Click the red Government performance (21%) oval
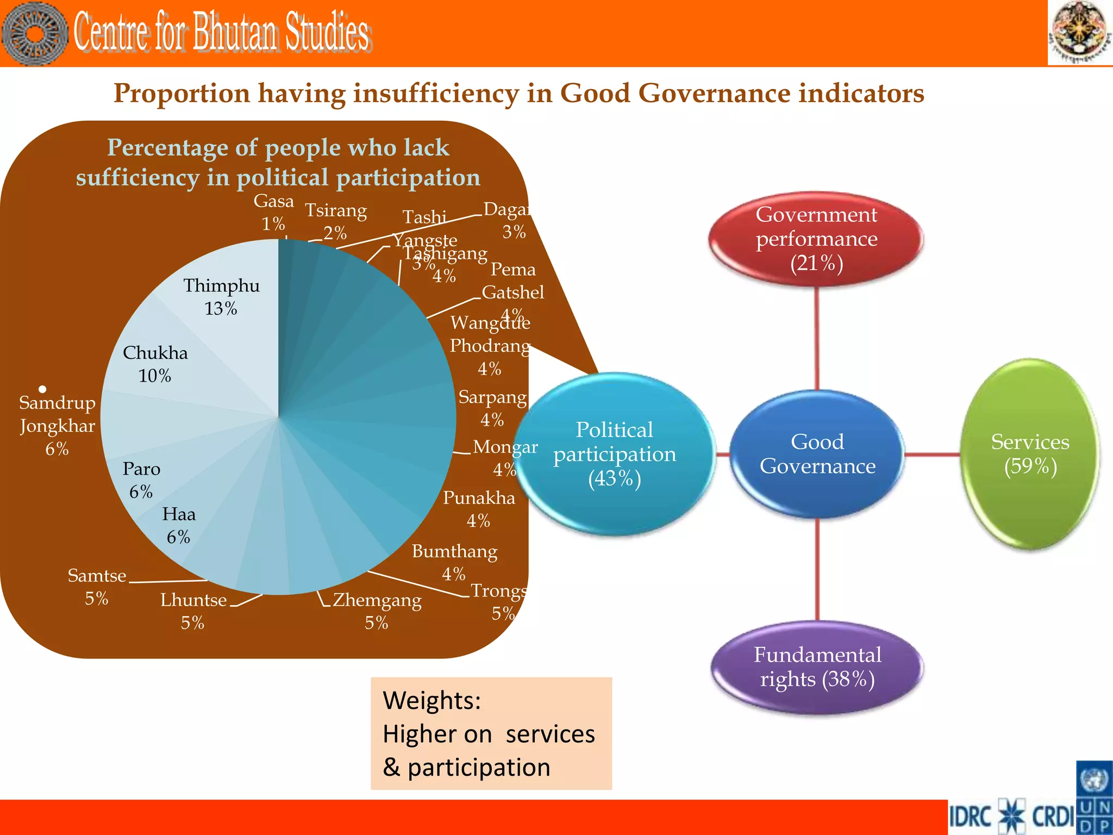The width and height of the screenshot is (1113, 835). tap(816, 239)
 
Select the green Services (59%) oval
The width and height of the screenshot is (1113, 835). tap(1030, 454)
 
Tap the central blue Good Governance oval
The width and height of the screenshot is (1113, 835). tap(817, 454)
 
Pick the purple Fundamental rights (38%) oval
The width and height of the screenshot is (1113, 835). tap(817, 667)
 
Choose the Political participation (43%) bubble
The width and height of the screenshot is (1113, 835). tap(615, 454)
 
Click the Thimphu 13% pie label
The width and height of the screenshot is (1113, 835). tap(221, 297)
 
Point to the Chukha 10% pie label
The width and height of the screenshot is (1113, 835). tap(155, 364)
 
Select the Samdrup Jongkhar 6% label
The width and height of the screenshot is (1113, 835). tap(57, 425)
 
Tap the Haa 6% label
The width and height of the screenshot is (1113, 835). tap(179, 525)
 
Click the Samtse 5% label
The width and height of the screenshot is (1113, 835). tap(97, 587)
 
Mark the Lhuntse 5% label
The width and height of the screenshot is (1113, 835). tap(193, 610)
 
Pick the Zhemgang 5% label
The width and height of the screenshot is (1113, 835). tap(377, 610)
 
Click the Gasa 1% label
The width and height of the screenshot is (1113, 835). tap(273, 212)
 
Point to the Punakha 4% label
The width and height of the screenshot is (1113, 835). tap(479, 509)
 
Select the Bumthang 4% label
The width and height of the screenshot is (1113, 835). tap(454, 562)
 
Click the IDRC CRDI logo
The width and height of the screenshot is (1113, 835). tap(1011, 817)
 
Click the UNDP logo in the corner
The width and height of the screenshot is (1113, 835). tap(1094, 797)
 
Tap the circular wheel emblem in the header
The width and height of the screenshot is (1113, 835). tap(35, 34)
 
